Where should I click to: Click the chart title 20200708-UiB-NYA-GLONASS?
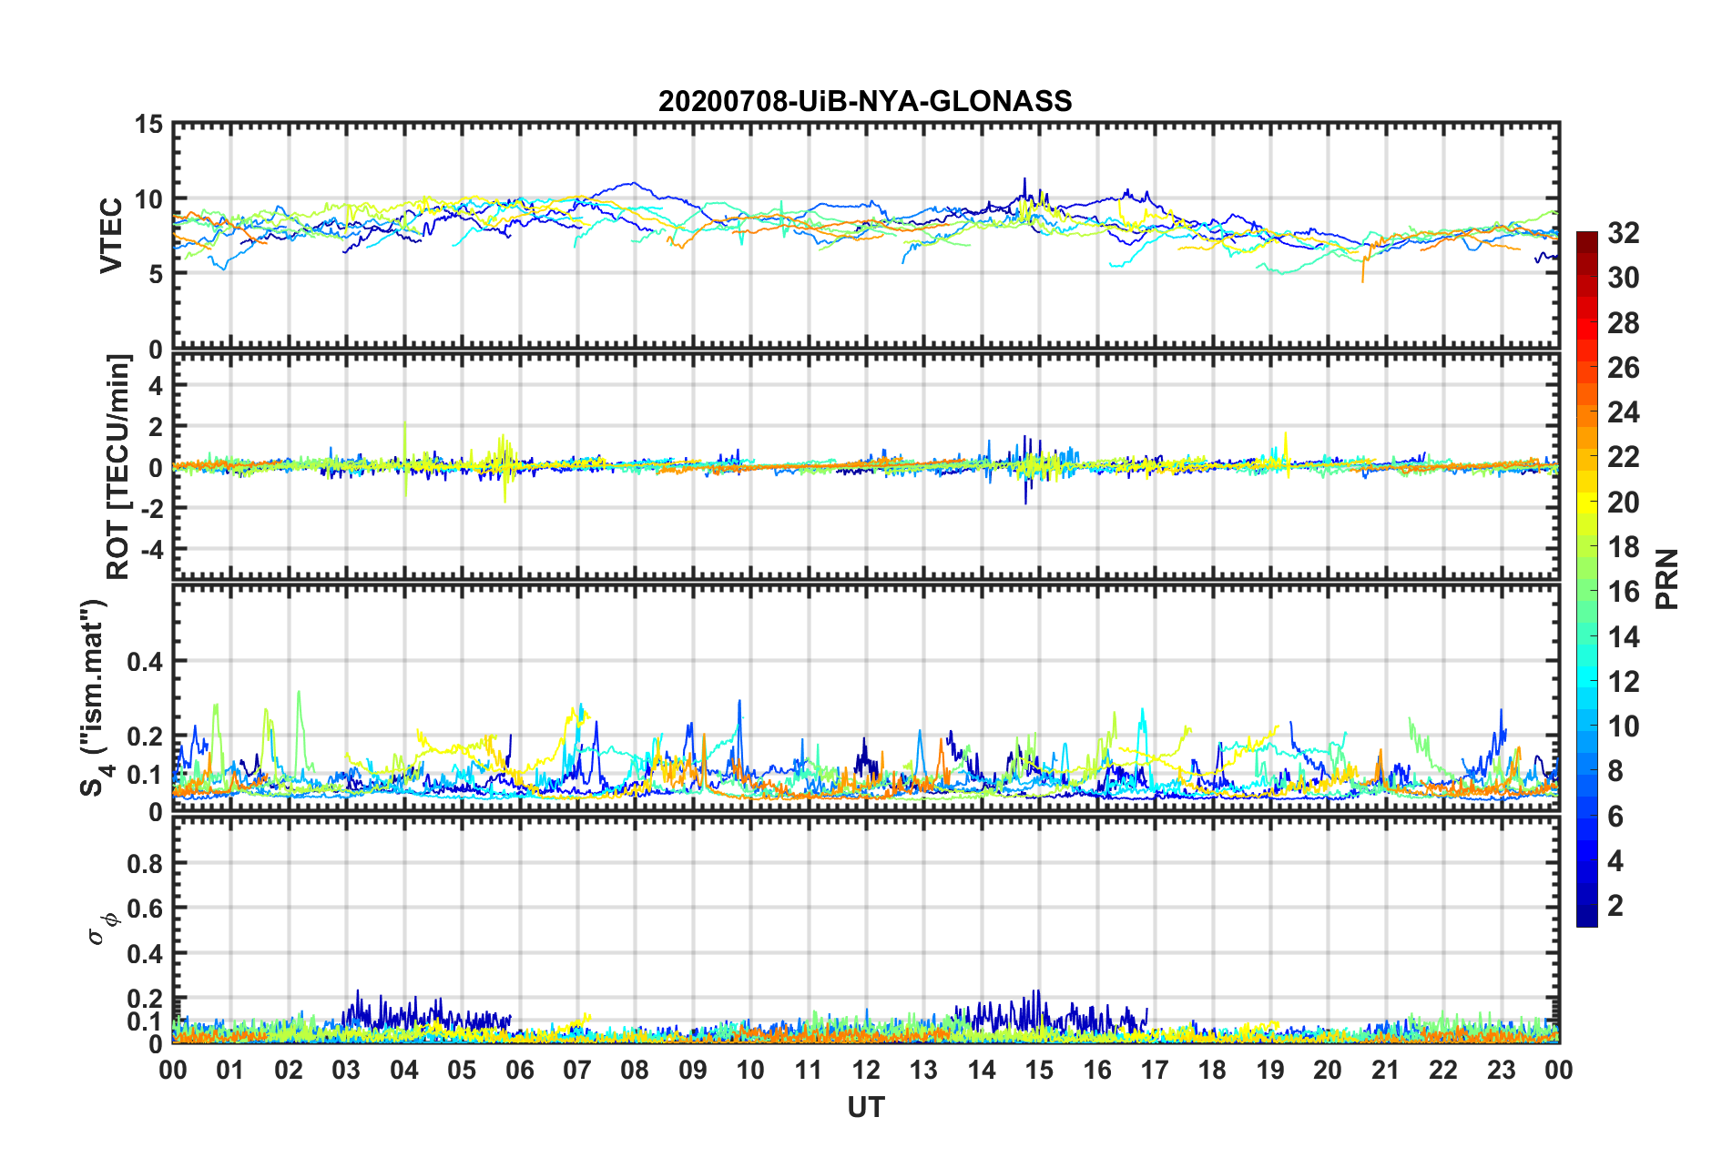point(865,101)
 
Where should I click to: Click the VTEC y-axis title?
point(111,235)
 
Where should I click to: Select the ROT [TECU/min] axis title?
point(118,466)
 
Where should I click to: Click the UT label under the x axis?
point(865,1107)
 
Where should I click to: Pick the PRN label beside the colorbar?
point(1667,579)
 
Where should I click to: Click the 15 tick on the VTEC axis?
point(148,124)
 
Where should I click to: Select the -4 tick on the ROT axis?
point(150,550)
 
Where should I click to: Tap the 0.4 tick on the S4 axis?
point(144,662)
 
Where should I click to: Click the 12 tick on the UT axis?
point(866,1070)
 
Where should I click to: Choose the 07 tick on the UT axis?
point(577,1070)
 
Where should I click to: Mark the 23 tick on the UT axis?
point(1502,1070)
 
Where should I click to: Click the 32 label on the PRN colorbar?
point(1623,233)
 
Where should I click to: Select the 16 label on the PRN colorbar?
point(1623,592)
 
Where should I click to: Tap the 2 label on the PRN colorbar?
point(1616,905)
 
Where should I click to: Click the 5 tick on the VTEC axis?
point(156,274)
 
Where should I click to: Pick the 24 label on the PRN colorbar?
point(1623,412)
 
